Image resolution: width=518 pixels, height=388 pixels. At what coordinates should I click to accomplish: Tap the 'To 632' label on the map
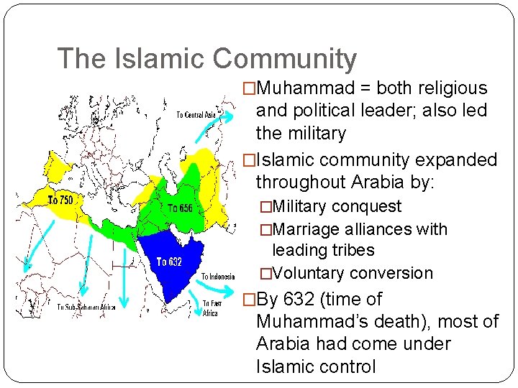pos(169,262)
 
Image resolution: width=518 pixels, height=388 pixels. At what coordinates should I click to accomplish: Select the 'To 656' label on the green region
pos(180,208)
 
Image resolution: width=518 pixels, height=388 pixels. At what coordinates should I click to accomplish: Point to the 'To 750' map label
pos(60,200)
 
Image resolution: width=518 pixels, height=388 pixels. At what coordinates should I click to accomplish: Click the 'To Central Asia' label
pos(196,114)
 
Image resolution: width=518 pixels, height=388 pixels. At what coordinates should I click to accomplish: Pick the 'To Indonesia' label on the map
pos(219,277)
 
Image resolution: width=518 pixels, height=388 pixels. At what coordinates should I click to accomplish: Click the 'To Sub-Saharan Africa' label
pos(86,308)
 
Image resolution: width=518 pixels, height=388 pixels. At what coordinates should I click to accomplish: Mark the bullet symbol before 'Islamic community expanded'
pos(249,160)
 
